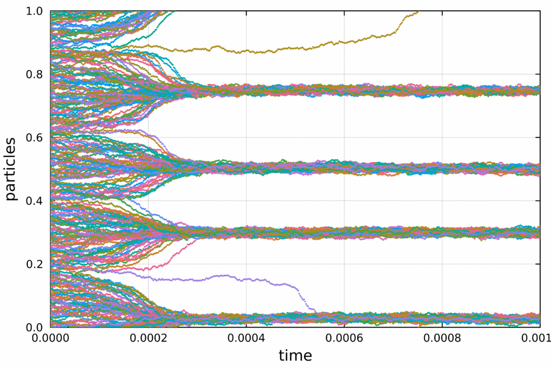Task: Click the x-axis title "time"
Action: (295, 356)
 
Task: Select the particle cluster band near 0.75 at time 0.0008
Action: (442, 90)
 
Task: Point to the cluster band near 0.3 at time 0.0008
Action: (442, 232)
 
